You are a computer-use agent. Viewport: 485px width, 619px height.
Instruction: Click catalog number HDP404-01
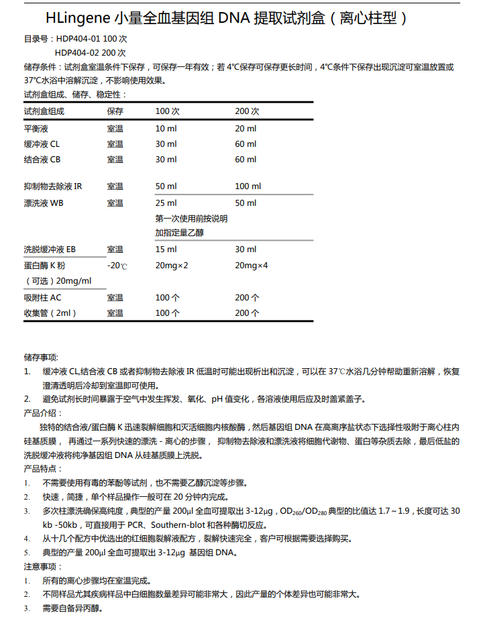point(78,40)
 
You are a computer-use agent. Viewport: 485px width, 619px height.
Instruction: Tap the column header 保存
point(115,111)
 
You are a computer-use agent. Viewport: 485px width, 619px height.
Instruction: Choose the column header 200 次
point(247,111)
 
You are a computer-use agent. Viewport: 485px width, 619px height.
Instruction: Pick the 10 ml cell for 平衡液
point(166,128)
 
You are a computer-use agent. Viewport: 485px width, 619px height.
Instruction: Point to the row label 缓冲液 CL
point(42,144)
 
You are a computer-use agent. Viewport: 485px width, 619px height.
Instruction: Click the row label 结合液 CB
point(42,160)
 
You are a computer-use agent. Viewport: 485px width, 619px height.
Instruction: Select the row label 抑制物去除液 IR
point(53,186)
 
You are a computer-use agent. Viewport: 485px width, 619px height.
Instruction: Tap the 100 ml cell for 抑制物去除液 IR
point(248,186)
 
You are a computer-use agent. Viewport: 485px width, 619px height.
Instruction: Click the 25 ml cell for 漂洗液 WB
point(166,203)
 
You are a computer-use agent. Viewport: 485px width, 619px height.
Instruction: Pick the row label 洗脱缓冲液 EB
point(50,249)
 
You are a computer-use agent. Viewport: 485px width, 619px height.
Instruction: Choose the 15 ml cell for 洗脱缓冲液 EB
point(166,249)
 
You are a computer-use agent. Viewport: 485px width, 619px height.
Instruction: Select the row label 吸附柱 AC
point(42,297)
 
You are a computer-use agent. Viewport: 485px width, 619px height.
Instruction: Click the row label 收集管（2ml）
point(50,313)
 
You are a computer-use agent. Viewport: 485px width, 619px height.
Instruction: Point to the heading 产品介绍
point(42,412)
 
